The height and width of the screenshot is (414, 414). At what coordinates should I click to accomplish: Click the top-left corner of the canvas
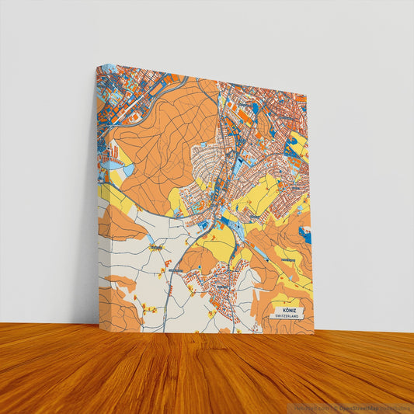pyautogui.click(x=97, y=66)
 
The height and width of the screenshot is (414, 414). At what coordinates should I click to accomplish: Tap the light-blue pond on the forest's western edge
pyautogui.click(x=116, y=165)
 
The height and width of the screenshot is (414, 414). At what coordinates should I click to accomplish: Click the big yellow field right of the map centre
pyautogui.click(x=260, y=194)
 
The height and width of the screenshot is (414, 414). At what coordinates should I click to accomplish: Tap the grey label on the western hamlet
pyautogui.click(x=155, y=249)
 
